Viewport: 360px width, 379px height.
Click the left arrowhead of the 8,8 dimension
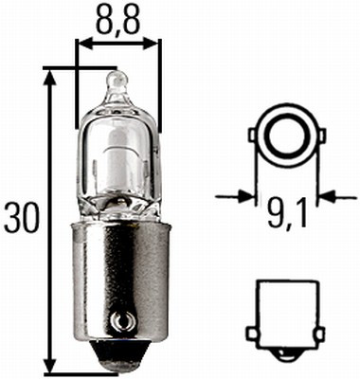point(81,44)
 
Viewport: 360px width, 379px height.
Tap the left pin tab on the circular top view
point(253,136)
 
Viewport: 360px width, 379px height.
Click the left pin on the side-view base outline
point(251,333)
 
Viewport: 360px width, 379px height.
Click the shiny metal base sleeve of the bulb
point(117,275)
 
